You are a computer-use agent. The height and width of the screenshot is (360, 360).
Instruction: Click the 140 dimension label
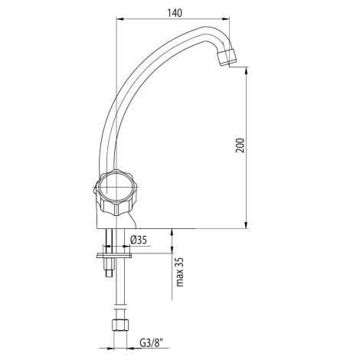point(175,13)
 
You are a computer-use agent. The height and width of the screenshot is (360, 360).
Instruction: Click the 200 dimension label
point(240,146)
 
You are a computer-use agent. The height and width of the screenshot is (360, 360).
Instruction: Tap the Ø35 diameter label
point(139,240)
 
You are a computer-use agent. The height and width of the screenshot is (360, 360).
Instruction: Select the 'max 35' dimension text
point(180,272)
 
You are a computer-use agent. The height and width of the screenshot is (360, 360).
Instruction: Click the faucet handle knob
point(116,191)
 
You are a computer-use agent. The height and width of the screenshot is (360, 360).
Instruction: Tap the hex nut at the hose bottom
point(119,325)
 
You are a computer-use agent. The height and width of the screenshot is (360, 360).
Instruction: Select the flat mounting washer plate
point(114,255)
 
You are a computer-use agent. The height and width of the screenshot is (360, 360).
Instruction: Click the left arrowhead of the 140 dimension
point(119,18)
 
